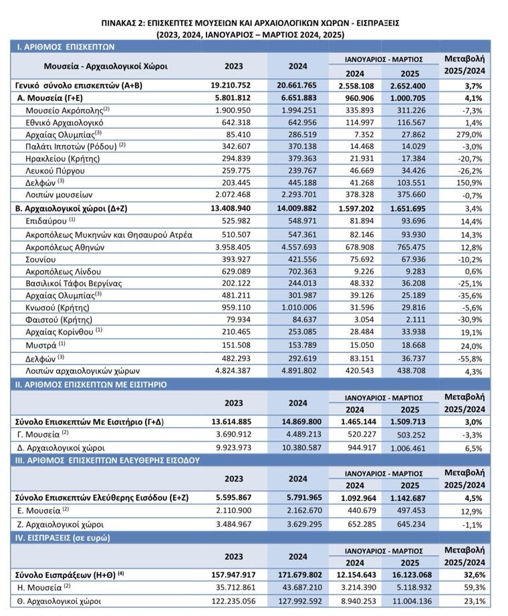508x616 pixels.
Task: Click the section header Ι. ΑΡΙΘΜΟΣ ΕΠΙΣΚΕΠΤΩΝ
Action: pos(65,47)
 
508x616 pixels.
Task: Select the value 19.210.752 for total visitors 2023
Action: pos(231,85)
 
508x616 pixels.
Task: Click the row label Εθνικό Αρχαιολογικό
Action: pos(64,122)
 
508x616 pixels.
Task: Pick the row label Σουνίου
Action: pos(40,260)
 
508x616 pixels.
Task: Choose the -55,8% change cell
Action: pos(470,358)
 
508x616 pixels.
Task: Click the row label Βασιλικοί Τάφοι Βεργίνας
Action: pos(74,283)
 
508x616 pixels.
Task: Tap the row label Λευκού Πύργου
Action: pos(55,171)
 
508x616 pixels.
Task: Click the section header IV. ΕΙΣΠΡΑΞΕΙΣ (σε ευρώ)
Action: pos(62,538)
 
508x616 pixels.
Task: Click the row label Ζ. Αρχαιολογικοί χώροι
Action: pos(60,524)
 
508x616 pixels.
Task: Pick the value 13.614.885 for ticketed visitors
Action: pos(231,422)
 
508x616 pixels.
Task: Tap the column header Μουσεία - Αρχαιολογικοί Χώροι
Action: pos(106,66)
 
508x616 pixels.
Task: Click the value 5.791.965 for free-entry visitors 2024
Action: pos(304,498)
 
